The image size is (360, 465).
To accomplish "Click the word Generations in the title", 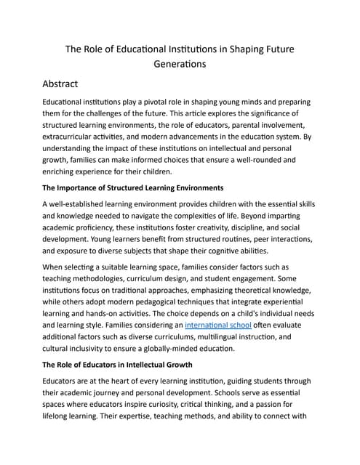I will coord(180,63).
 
